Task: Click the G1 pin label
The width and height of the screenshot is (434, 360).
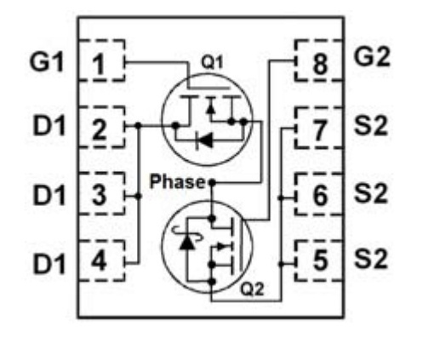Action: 47,61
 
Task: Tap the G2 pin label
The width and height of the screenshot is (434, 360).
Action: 372,57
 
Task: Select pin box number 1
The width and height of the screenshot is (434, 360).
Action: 101,60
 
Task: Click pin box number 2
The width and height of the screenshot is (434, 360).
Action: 101,127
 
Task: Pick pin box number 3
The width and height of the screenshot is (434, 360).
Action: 101,193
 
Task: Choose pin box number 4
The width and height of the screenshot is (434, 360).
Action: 101,260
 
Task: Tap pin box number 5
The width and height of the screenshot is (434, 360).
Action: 319,260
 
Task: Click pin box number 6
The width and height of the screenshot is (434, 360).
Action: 319,194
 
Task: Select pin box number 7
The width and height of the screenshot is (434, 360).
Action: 319,128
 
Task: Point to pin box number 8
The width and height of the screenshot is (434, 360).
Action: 319,60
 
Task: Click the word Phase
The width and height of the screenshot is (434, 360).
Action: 177,181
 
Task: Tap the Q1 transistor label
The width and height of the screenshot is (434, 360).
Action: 212,62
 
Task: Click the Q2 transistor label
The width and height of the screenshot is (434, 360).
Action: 252,289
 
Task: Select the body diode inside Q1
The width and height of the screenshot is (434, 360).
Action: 204,140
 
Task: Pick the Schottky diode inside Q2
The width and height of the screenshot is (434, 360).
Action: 187,240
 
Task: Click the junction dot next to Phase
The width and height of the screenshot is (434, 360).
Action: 212,182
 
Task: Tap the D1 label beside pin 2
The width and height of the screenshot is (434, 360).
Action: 49,125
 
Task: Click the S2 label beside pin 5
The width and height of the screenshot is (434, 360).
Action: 371,259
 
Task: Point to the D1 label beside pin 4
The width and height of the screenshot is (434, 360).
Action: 49,265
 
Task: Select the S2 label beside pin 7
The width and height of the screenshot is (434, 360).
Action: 371,125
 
